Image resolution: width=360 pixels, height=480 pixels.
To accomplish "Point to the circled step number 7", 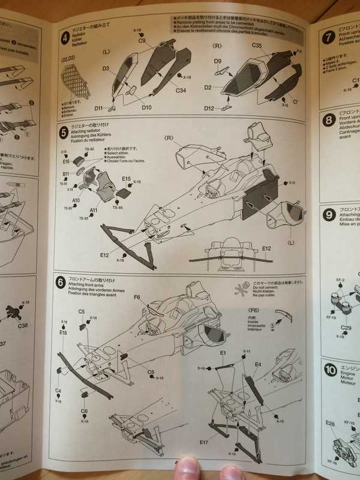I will [328, 37].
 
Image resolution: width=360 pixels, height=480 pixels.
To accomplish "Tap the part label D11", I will [99, 108].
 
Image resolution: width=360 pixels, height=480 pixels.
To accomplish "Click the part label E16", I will [66, 161].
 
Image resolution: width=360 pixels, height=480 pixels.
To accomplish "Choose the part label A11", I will [93, 210].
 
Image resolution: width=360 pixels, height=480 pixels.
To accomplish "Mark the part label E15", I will [126, 179].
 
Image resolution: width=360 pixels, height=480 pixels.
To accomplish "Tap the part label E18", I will [63, 332].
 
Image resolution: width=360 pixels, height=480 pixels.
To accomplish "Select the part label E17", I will [203, 441].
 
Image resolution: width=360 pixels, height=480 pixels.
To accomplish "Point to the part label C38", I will [23, 326].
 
